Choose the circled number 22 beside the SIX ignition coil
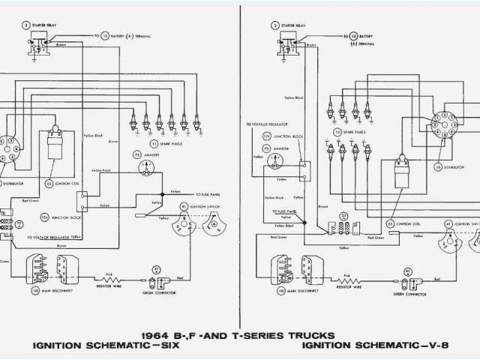[x=49, y=182]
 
